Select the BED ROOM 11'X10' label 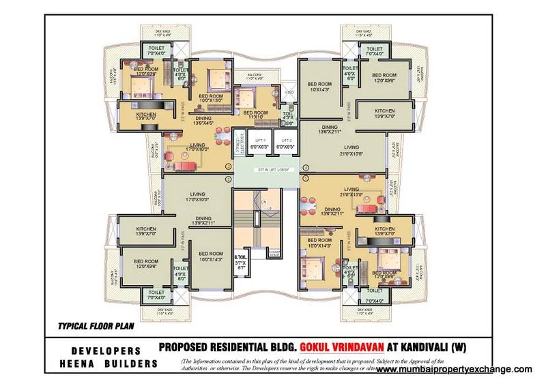(255, 115)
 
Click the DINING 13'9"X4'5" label (203, 121)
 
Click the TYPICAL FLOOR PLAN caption (89, 326)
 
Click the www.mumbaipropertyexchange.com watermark (454, 369)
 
